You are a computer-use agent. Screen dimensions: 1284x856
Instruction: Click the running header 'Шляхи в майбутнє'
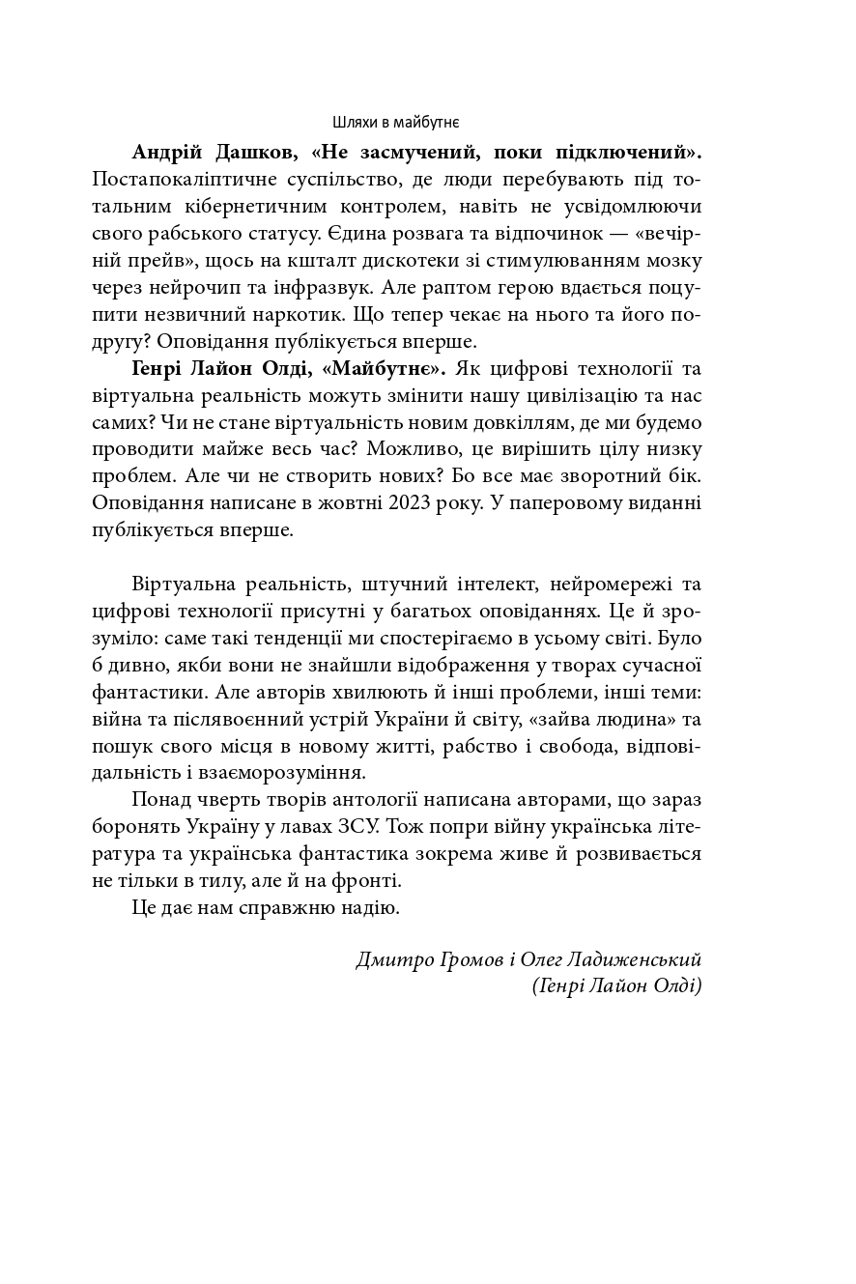[395, 123]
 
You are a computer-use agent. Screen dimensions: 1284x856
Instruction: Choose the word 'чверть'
[223, 800]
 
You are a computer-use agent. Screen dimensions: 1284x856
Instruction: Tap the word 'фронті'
[368, 881]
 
